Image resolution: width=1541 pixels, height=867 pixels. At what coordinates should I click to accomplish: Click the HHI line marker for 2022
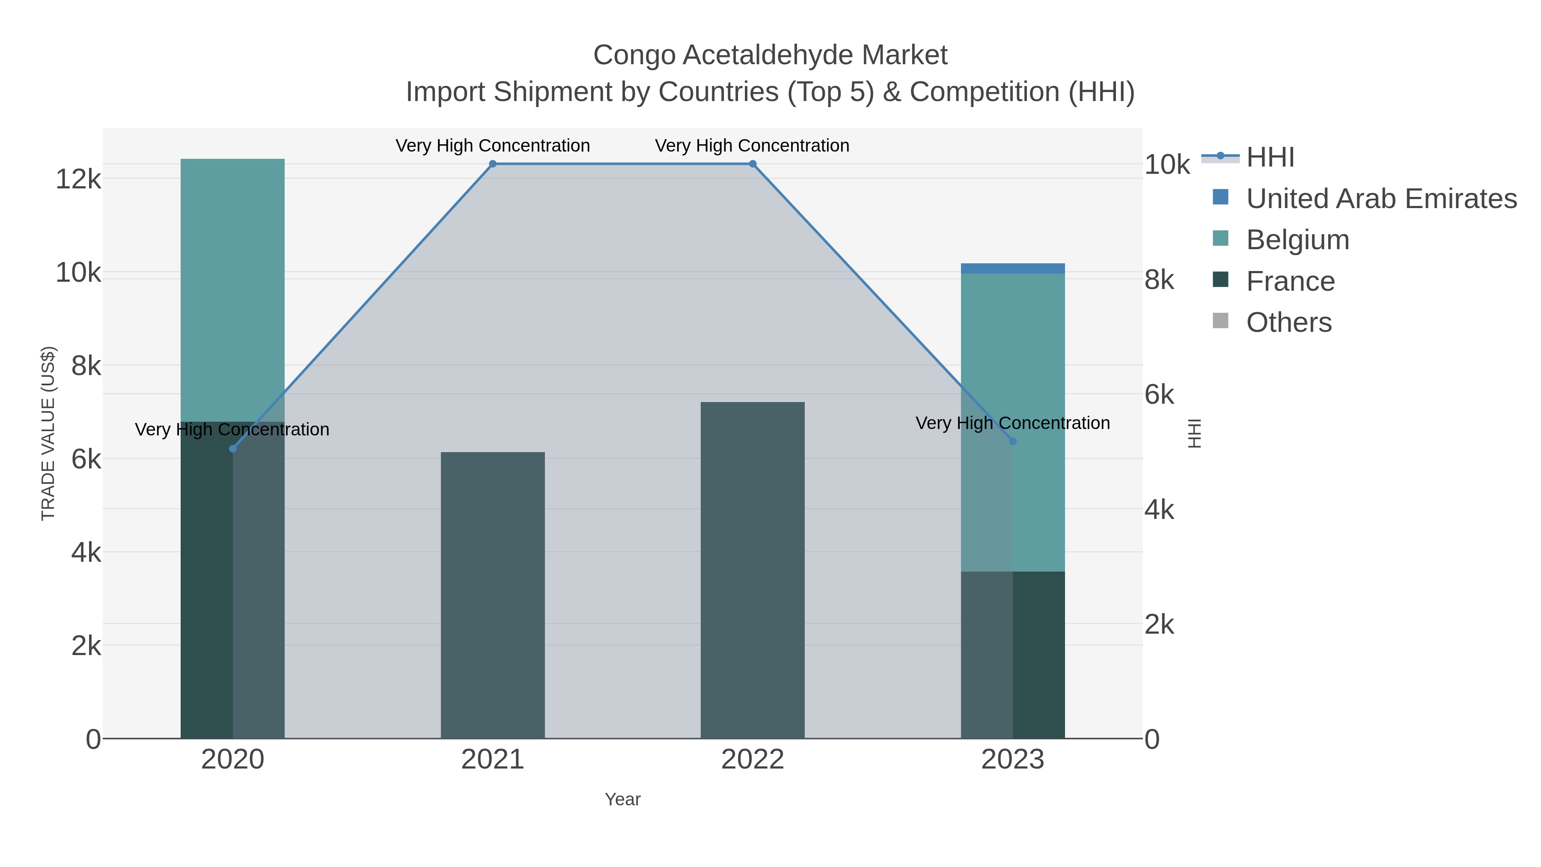(x=753, y=164)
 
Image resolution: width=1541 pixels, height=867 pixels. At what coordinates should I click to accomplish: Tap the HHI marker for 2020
(x=233, y=449)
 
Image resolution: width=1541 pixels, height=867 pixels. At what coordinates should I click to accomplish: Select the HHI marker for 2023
(x=1013, y=441)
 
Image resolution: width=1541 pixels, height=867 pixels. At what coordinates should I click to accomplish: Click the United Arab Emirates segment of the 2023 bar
(x=1013, y=268)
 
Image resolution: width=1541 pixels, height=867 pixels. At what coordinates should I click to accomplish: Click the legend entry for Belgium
(x=1297, y=240)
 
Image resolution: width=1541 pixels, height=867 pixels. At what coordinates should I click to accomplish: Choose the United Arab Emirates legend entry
(x=1380, y=199)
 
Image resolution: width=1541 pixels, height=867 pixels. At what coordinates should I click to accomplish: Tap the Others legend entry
(x=1288, y=322)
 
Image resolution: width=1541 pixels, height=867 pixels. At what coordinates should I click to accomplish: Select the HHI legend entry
(x=1270, y=158)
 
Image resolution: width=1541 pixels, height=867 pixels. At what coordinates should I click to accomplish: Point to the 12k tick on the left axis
(x=78, y=179)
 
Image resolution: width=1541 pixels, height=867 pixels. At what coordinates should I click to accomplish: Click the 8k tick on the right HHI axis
(x=1159, y=280)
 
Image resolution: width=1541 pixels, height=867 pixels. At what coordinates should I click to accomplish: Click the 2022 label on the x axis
(x=753, y=760)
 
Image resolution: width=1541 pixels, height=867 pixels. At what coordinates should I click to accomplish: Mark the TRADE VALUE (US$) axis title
(x=48, y=433)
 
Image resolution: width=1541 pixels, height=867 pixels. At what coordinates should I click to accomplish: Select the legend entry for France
(x=1290, y=281)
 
